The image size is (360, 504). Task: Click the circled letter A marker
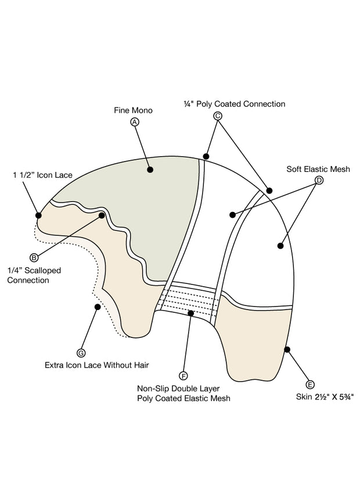[135, 122]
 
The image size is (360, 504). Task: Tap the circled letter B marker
[34, 257]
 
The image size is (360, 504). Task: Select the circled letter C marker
[218, 116]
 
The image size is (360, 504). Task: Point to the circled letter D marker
[319, 181]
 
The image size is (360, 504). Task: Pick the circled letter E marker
[310, 385]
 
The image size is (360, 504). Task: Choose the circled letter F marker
[183, 376]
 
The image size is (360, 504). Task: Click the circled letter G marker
[81, 353]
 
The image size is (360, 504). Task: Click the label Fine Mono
[133, 110]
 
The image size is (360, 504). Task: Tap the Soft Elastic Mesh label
[318, 169]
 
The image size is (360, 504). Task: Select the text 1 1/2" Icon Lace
[42, 175]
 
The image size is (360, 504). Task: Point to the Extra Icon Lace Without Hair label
[97, 365]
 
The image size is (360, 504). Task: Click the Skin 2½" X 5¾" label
[325, 397]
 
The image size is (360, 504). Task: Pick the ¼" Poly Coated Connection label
[235, 104]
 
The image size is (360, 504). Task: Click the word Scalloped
[43, 271]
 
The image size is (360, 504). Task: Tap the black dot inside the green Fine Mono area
[150, 170]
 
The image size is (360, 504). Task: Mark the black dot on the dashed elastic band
[191, 313]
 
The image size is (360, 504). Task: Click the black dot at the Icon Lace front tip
[38, 215]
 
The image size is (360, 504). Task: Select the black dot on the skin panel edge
[287, 350]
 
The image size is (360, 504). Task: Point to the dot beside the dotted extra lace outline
[98, 307]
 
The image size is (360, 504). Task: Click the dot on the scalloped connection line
[102, 215]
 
